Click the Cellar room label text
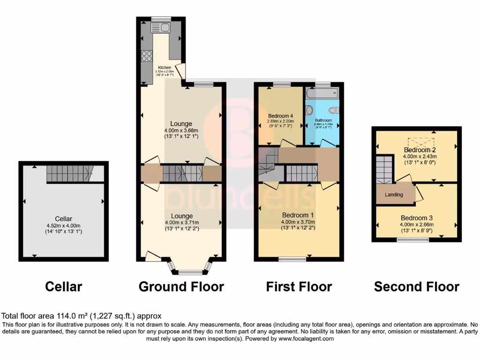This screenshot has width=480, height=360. tap(64, 218)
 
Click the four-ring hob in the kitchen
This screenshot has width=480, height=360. tap(147, 56)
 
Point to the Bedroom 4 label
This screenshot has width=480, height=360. tap(281, 116)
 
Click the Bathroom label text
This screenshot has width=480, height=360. tap(323, 120)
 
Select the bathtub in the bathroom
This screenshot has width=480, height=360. tap(322, 94)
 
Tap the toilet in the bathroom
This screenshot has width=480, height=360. tap(333, 111)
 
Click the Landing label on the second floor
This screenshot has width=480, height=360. tap(394, 195)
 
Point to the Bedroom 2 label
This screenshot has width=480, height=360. tap(420, 150)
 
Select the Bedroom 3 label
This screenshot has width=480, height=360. tap(417, 218)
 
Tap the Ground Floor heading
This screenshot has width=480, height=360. tap(181, 286)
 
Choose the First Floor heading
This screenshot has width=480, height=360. tap(299, 286)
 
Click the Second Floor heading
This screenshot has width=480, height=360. tap(417, 286)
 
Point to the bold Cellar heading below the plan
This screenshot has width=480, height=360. tap(63, 286)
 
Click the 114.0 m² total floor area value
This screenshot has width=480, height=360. tap(70, 316)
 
